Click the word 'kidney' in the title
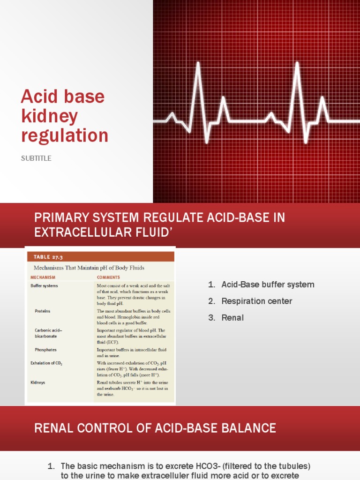[49, 117]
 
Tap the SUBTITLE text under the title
[36, 158]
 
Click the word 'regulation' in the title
[65, 136]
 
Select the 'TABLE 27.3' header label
[48, 257]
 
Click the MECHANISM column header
[43, 277]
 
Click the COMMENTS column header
[108, 277]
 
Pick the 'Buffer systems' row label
[45, 285]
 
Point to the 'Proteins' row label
[42, 311]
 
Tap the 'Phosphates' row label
[45, 350]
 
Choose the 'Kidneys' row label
[38, 382]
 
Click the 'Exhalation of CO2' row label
[46, 363]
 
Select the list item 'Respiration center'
[256, 301]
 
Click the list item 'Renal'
[232, 317]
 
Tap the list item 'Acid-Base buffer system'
[268, 285]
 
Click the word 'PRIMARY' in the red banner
[60, 218]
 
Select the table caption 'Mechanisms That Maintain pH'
[89, 268]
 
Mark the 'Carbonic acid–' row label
[48, 330]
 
